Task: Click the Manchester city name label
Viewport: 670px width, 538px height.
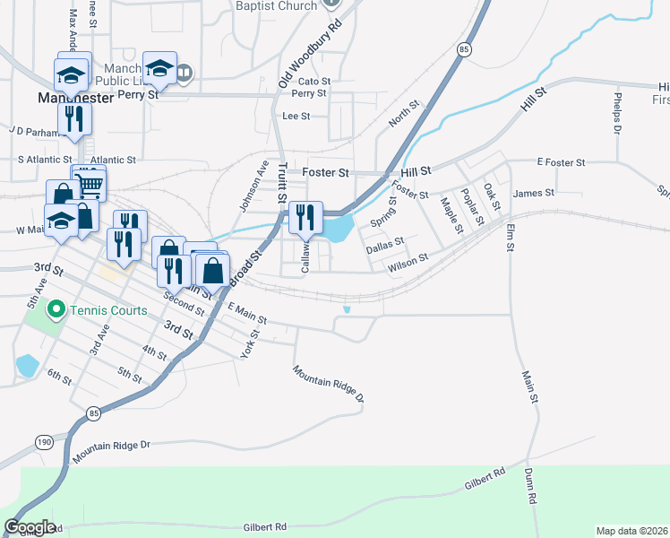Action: pyautogui.click(x=75, y=97)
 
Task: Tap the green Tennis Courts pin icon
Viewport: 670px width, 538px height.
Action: pyautogui.click(x=56, y=311)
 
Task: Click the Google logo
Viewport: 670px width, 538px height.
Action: pyautogui.click(x=30, y=527)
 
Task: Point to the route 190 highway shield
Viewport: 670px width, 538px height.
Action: pyautogui.click(x=43, y=441)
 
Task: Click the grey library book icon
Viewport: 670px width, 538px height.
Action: pyautogui.click(x=184, y=72)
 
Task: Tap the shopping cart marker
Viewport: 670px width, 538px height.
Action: pyautogui.click(x=90, y=186)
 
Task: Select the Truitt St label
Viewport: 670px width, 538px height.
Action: pyautogui.click(x=281, y=182)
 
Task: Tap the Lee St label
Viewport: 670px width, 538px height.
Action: pyautogui.click(x=296, y=116)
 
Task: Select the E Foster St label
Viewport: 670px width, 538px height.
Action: pyautogui.click(x=561, y=162)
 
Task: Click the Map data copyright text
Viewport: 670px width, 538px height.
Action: pyautogui.click(x=632, y=531)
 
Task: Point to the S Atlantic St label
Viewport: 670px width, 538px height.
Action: pyautogui.click(x=51, y=160)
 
